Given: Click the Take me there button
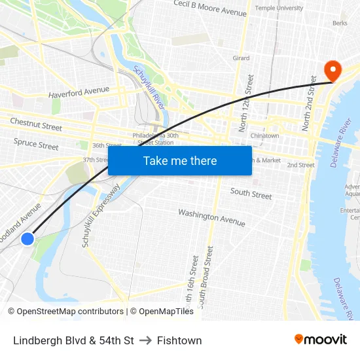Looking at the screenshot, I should click(180, 160).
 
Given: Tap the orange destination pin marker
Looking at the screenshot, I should click(332, 71).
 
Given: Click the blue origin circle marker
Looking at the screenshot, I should click(27, 239).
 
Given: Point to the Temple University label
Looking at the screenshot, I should click(279, 8).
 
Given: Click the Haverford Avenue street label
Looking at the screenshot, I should click(79, 92).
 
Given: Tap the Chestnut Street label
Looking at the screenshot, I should click(36, 123).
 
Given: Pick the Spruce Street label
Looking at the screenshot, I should click(36, 143).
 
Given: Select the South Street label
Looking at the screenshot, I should click(251, 194).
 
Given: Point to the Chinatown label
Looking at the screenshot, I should click(264, 135).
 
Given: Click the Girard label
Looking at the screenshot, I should click(241, 58).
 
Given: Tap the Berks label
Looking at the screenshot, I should click(340, 23).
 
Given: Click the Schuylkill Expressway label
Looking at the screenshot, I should click(101, 216).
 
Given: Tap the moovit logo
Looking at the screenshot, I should click(321, 339).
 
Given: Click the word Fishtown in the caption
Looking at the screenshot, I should click(179, 340).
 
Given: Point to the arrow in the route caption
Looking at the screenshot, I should click(145, 340).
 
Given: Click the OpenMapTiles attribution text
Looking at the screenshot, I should click(162, 312).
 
